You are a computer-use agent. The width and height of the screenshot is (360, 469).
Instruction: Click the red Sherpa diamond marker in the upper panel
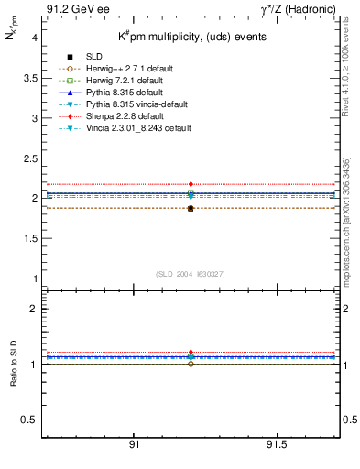coord(191,184)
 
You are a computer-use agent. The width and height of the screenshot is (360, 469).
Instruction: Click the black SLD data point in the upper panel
coord(191,209)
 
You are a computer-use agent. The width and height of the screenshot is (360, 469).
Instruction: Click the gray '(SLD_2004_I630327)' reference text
coord(191,273)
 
